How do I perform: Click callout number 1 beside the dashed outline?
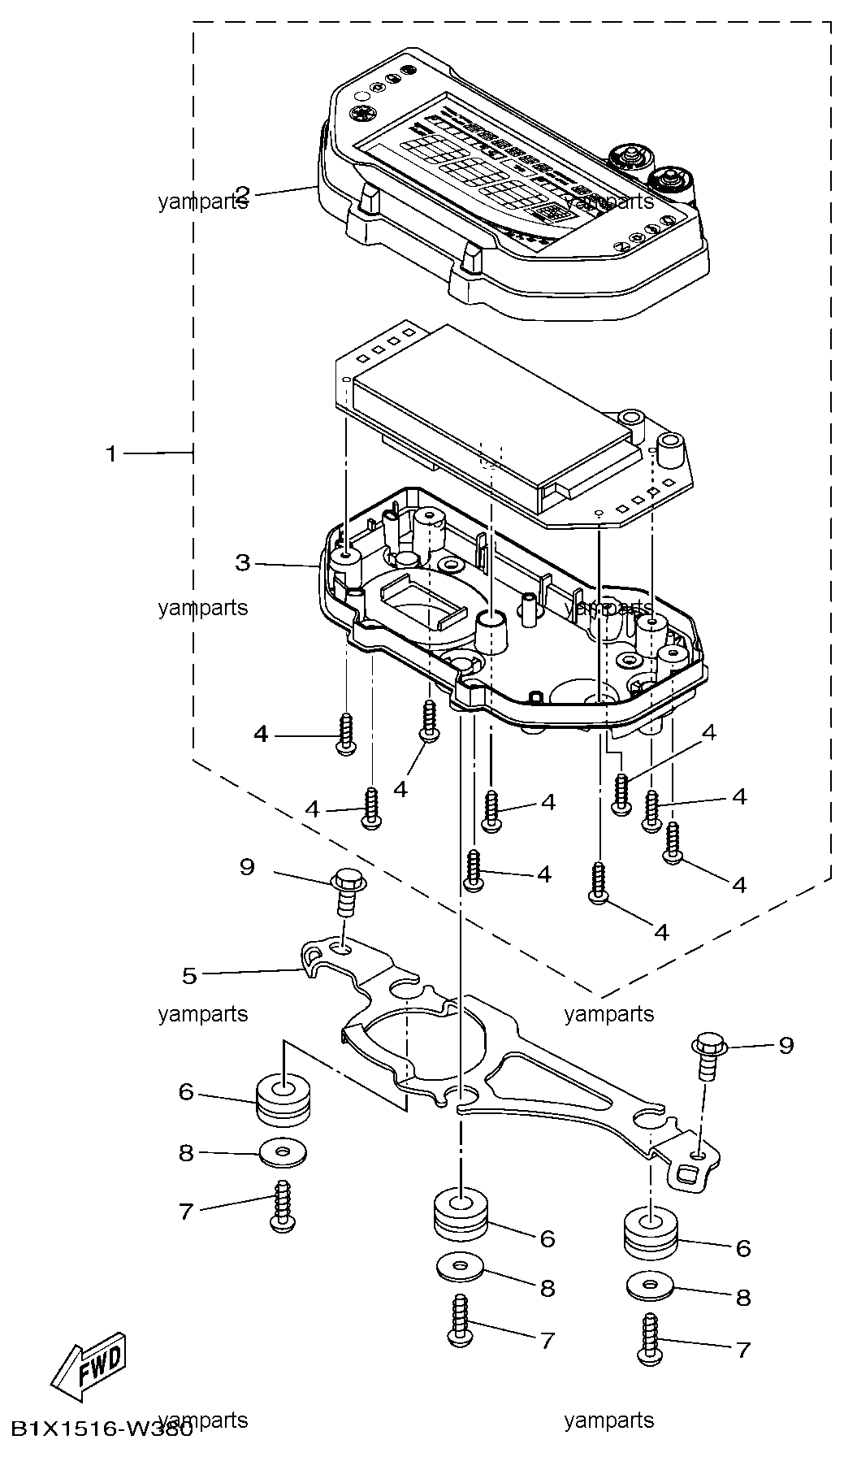click(x=112, y=453)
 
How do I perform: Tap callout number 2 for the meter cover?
click(x=242, y=193)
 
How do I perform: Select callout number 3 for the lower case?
click(x=242, y=562)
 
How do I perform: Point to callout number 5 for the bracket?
click(x=189, y=975)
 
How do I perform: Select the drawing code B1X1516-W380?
click(x=101, y=1428)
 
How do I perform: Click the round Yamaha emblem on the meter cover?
click(x=360, y=114)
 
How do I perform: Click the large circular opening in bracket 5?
click(x=422, y=1040)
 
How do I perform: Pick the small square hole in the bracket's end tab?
click(x=686, y=1172)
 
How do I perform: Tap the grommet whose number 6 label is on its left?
click(x=284, y=1100)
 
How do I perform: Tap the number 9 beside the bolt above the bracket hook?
click(x=247, y=867)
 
